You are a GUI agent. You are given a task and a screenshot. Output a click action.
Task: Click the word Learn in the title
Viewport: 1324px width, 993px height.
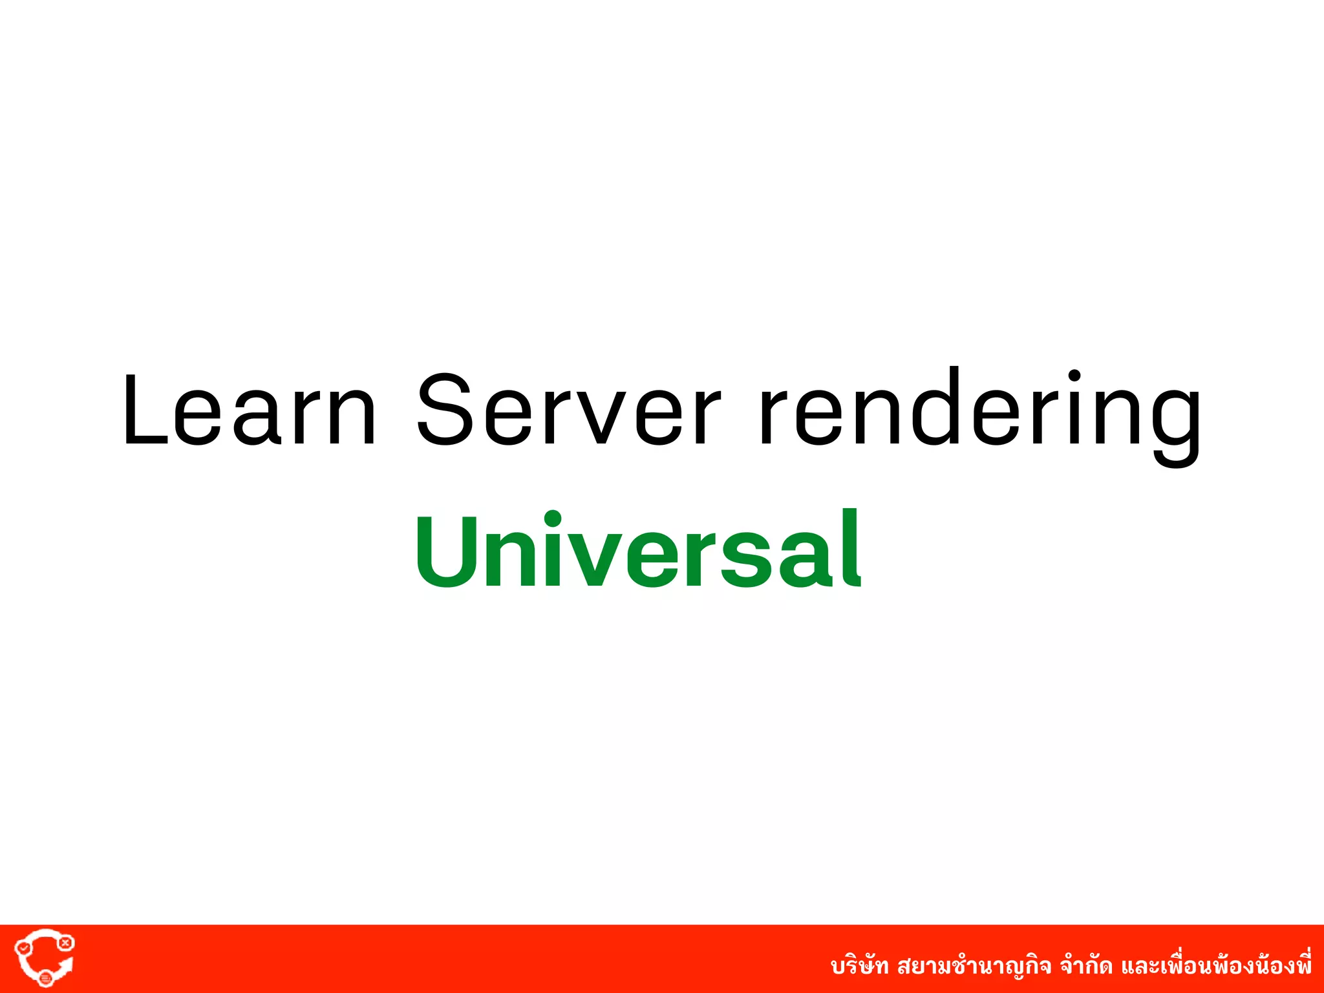[249, 410]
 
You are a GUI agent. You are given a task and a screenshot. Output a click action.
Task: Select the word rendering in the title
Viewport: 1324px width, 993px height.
[979, 414]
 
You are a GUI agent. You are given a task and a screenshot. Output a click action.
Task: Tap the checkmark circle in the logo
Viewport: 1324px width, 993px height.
[24, 948]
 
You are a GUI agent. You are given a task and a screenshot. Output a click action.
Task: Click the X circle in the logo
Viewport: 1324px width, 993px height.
[65, 943]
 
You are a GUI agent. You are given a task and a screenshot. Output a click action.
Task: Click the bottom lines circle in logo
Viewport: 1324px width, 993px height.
[45, 978]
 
